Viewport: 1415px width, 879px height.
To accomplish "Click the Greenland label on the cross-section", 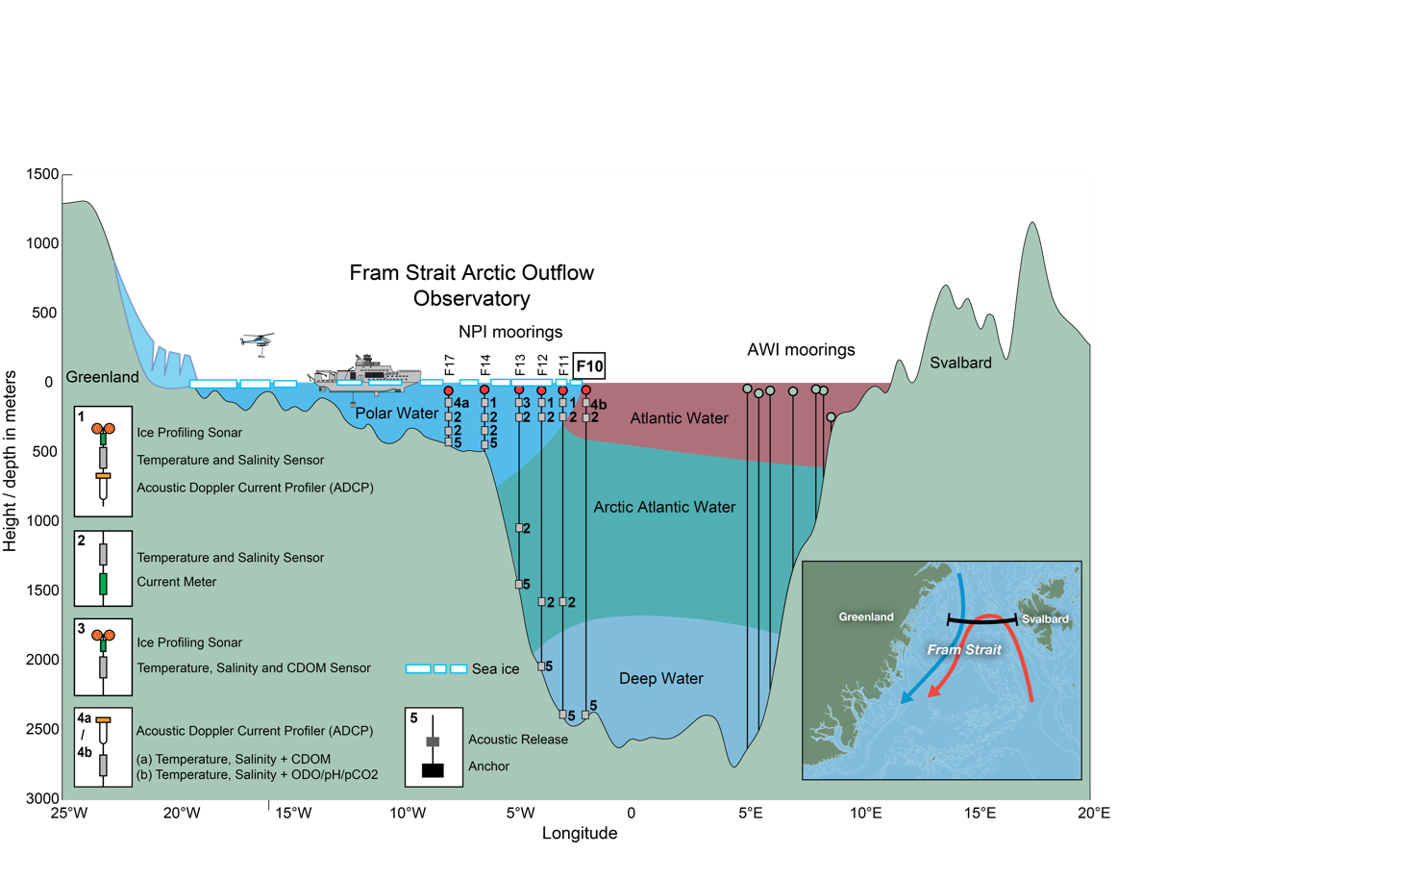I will [102, 377].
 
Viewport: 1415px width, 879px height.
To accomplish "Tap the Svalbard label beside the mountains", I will [960, 363].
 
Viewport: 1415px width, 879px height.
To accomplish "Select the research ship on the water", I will [369, 375].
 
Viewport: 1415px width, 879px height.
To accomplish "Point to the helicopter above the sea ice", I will [257, 339].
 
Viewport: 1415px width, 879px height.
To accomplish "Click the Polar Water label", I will [396, 414].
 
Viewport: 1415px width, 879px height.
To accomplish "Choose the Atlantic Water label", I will [679, 418].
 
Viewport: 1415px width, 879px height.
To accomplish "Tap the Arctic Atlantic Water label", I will [664, 507].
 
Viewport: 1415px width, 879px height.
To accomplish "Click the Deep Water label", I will [660, 678].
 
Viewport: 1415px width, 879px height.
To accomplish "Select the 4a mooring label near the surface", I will [461, 403].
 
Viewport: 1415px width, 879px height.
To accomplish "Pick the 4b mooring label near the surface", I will [598, 405].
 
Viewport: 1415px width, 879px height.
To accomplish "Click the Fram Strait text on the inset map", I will [964, 650].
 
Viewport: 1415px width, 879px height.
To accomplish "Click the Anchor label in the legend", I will [488, 766].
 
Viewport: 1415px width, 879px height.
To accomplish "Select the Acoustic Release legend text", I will [517, 740].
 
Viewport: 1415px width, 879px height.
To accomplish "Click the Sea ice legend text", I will [495, 669].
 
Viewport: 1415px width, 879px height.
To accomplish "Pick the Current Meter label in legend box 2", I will [176, 582].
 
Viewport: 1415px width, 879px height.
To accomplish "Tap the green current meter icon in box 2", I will [103, 583].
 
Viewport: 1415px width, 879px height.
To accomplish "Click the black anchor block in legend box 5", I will [433, 770].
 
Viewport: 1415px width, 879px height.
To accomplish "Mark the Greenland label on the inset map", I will [865, 617].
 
